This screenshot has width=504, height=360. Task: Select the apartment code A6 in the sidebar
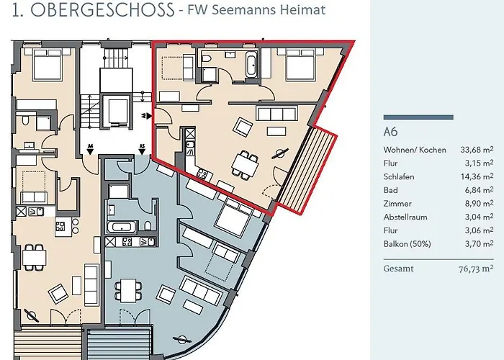tap(390, 132)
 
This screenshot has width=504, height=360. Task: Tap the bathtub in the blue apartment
tap(120, 227)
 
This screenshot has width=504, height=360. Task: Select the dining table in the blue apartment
tap(130, 289)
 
